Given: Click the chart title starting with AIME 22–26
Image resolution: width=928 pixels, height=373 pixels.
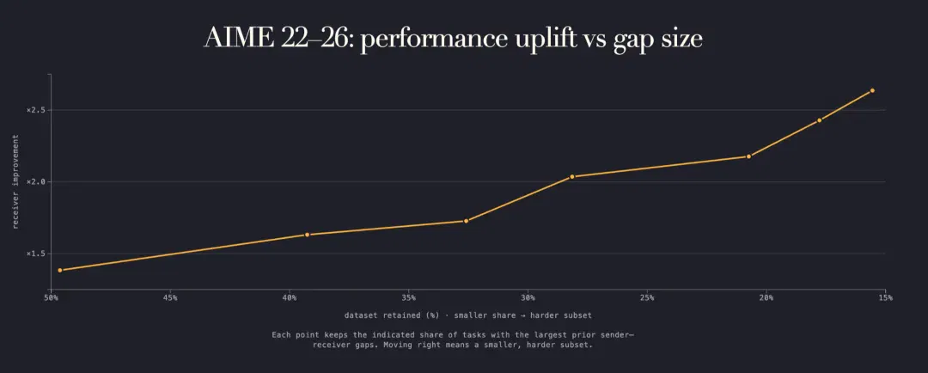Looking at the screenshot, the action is [x=454, y=39].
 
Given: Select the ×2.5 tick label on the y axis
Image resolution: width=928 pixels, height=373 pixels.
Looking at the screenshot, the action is [x=35, y=110].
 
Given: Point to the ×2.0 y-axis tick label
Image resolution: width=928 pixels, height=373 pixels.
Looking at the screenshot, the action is [x=35, y=181].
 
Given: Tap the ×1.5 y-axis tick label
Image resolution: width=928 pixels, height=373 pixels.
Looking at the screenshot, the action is [x=35, y=254].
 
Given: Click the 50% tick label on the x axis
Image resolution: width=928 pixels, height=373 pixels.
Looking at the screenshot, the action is [x=51, y=298].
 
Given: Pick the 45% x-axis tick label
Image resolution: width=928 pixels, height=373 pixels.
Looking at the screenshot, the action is [x=170, y=298].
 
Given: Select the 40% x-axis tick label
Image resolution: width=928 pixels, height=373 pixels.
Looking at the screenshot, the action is [x=290, y=298].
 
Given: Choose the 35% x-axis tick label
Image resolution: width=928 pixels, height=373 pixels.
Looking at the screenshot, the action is [x=408, y=298].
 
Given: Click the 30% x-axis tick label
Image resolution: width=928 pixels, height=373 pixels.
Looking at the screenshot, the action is [x=528, y=298].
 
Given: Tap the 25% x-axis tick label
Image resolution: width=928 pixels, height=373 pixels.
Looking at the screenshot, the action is [x=647, y=298].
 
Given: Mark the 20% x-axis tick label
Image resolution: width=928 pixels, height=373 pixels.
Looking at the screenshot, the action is [x=766, y=298].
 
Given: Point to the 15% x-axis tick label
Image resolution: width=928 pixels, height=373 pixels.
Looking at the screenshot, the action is [x=885, y=298].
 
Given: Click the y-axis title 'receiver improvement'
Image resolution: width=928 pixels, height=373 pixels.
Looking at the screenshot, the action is [x=16, y=181].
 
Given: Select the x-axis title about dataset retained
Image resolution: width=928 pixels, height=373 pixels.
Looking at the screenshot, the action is [x=468, y=315].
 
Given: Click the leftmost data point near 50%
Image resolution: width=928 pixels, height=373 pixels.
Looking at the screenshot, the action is [x=60, y=270].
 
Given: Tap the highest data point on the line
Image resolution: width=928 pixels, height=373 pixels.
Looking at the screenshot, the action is [x=872, y=90].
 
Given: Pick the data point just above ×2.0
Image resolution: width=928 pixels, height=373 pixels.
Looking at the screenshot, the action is [x=572, y=176].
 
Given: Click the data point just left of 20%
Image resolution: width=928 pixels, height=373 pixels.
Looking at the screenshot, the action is [x=748, y=156].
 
